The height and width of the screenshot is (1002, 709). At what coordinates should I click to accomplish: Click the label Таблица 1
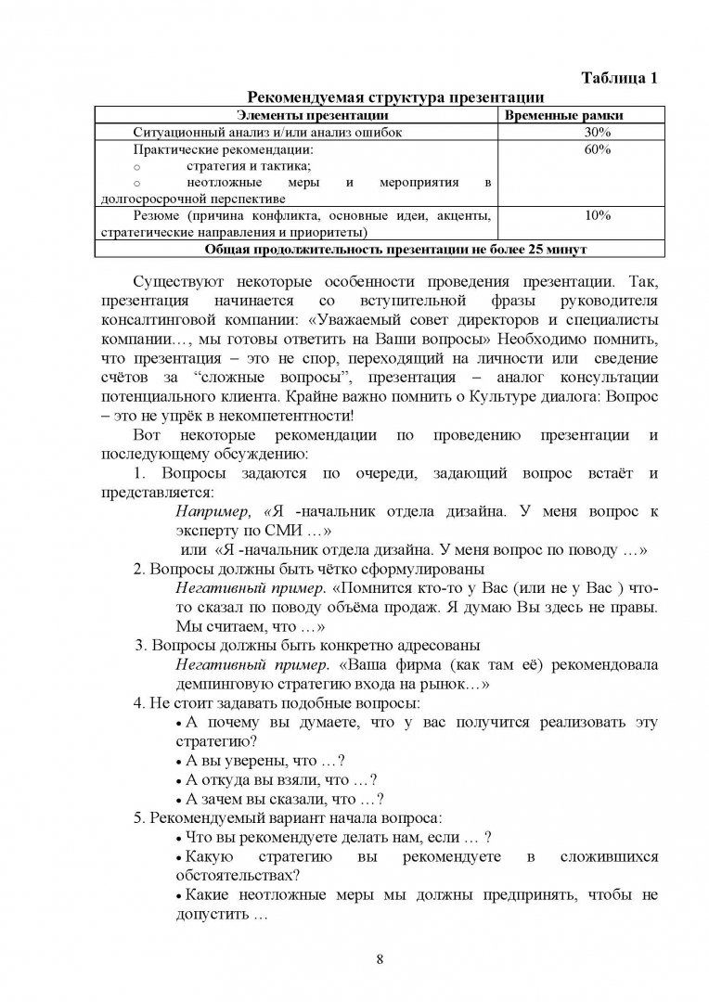pyautogui.click(x=619, y=78)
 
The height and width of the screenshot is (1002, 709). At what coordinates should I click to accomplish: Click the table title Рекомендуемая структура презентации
pyautogui.click(x=394, y=97)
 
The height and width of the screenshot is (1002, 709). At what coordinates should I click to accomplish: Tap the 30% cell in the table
pyautogui.click(x=597, y=132)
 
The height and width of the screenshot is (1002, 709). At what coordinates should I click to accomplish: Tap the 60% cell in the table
pyautogui.click(x=597, y=149)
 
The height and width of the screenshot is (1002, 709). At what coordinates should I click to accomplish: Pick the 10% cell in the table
pyautogui.click(x=597, y=215)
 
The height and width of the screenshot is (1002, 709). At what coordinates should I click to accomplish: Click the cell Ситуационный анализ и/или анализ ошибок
pyautogui.click(x=267, y=132)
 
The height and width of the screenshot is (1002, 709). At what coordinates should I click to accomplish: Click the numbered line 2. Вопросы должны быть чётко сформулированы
pyautogui.click(x=308, y=569)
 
